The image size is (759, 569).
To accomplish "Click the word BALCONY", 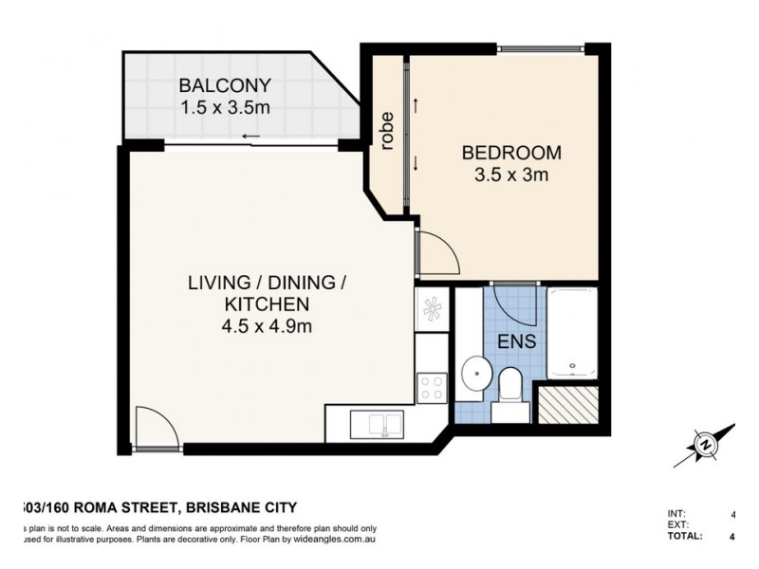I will (x=225, y=85).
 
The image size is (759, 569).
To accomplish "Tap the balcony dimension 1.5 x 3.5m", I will (x=225, y=107).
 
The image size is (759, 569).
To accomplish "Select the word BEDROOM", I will (x=511, y=153).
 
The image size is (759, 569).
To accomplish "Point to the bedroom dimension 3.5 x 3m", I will (x=511, y=174).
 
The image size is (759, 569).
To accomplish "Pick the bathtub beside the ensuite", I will (x=573, y=333).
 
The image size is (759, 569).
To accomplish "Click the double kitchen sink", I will (x=378, y=423).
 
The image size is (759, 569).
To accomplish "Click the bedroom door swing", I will (x=437, y=254).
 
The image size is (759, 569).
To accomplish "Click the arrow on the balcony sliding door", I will (x=250, y=138).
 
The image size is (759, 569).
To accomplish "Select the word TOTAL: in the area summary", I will (x=685, y=536).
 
